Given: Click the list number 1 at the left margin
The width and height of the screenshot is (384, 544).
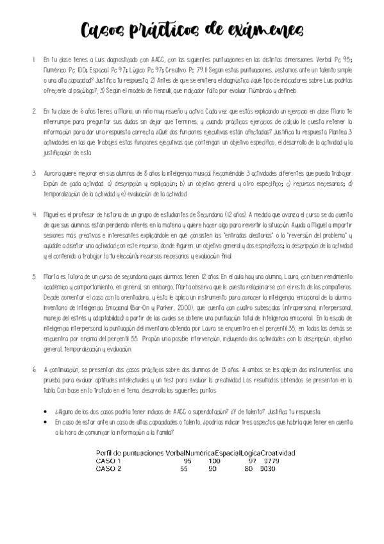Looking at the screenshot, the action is pyautogui.click(x=33, y=59).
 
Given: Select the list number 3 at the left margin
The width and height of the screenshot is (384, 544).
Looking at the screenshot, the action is pyautogui.click(x=33, y=174).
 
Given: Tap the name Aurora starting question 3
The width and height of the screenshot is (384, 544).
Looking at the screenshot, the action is pyautogui.click(x=53, y=174).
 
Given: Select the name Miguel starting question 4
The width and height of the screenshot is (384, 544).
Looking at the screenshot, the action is pyautogui.click(x=52, y=216).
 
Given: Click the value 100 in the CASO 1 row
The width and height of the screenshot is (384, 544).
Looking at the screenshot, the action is pyautogui.click(x=214, y=461).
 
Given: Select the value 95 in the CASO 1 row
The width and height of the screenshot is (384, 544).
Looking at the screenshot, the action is pyautogui.click(x=187, y=461).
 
